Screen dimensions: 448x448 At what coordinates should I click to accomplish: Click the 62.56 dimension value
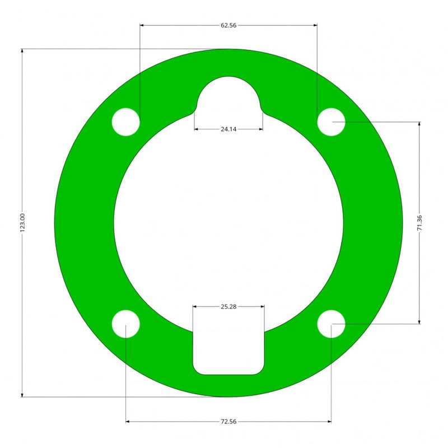pos(228,25)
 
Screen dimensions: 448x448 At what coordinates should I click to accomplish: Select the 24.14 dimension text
pos(228,129)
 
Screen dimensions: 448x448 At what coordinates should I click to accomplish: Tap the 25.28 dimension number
pos(228,306)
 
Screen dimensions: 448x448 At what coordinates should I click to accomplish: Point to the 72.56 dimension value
pos(228,422)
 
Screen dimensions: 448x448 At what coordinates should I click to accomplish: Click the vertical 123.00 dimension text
pos(22,222)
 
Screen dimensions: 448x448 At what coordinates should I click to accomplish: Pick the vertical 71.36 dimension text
pos(419,223)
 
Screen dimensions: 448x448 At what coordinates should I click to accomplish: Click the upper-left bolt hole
pos(125,122)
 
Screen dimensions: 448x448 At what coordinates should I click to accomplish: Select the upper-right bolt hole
pos(331,122)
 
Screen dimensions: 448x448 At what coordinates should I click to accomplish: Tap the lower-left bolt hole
pos(125,324)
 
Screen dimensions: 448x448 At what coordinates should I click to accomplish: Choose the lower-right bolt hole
pos(331,324)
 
